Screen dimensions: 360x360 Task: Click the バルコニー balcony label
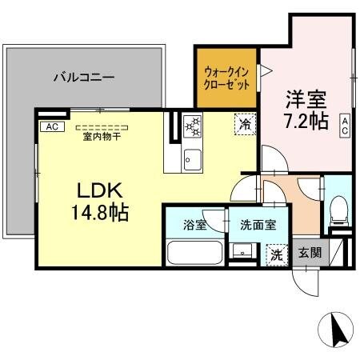(84, 78)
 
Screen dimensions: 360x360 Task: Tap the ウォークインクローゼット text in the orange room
(227, 78)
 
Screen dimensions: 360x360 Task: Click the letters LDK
(99, 192)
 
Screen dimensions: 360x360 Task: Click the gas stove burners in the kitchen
(193, 127)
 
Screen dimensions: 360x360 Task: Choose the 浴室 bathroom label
(194, 225)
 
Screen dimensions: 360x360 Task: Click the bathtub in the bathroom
(195, 253)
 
